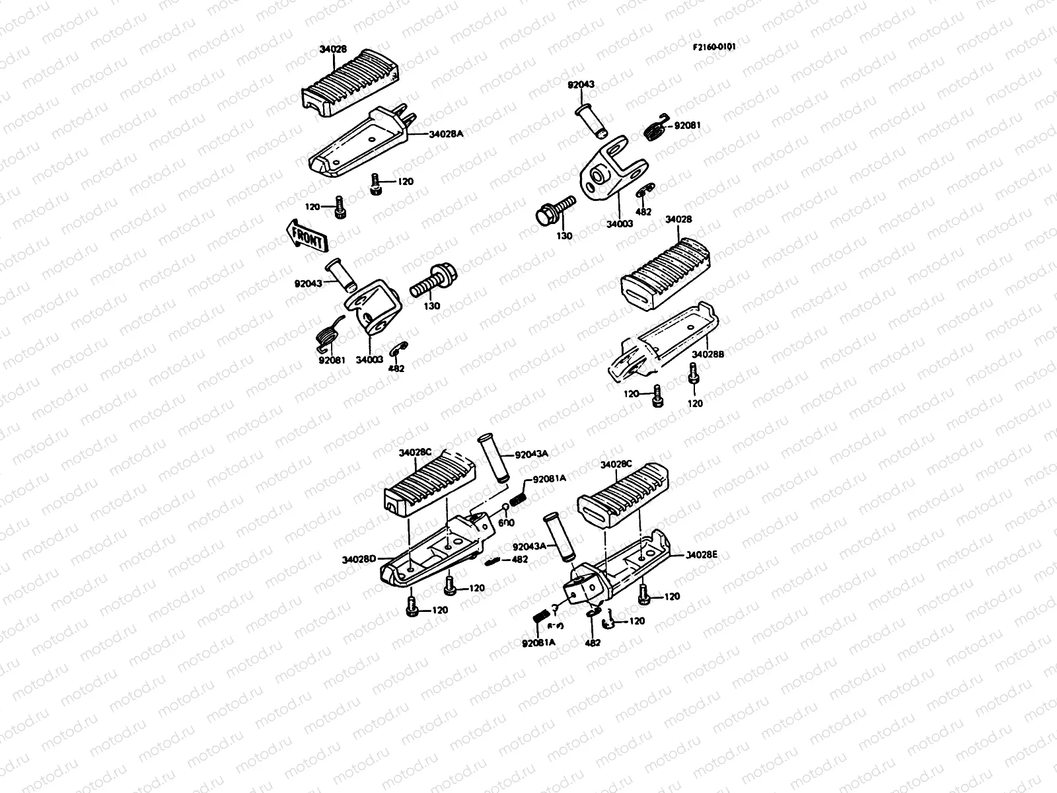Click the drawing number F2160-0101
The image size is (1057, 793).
pyautogui.click(x=714, y=48)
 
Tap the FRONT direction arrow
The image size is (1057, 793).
pyautogui.click(x=305, y=236)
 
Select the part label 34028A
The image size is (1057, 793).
pyautogui.click(x=447, y=133)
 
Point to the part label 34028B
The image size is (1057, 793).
pyautogui.click(x=708, y=354)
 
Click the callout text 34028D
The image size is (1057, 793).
pyautogui.click(x=359, y=559)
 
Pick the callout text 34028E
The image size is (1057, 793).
pyautogui.click(x=702, y=555)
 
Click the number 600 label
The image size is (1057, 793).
pyautogui.click(x=506, y=523)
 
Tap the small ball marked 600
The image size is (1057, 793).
pyautogui.click(x=505, y=508)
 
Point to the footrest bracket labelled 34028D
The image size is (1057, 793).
pyautogui.click(x=429, y=552)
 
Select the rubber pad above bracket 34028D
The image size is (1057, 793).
pyautogui.click(x=429, y=489)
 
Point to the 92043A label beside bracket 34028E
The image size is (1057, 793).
pyautogui.click(x=530, y=547)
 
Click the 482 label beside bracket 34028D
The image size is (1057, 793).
pyautogui.click(x=520, y=560)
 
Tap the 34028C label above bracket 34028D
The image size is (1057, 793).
pyautogui.click(x=415, y=453)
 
